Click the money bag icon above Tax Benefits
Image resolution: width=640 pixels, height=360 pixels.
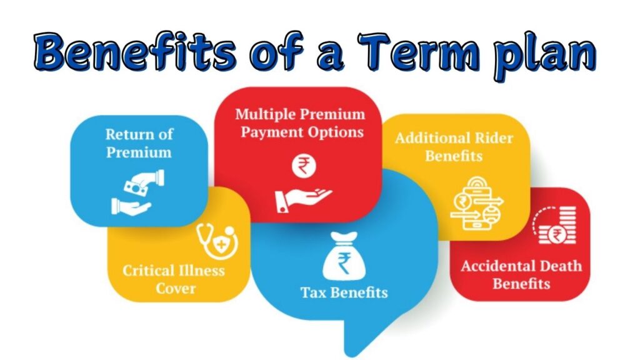(x=344, y=256)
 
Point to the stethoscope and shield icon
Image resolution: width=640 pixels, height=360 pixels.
(x=217, y=241)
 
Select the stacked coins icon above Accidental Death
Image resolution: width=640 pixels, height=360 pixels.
(x=555, y=225)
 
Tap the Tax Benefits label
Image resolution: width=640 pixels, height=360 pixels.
(x=344, y=292)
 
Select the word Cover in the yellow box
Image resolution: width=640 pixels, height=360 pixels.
(x=176, y=289)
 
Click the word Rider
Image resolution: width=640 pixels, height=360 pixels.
(x=495, y=138)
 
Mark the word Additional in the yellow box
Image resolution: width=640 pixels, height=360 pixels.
(x=434, y=138)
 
